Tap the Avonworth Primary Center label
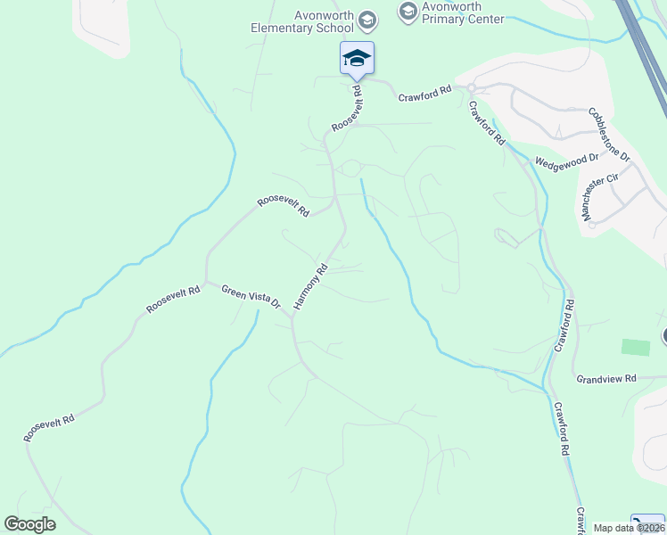[464, 12]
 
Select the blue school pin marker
[357, 59]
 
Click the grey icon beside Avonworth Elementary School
[366, 20]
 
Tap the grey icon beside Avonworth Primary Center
[408, 11]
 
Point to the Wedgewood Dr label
[566, 161]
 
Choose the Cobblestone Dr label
[609, 135]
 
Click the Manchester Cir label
[598, 196]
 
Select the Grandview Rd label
[605, 378]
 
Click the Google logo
[29, 524]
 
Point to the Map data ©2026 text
[629, 528]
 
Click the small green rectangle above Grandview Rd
[636, 347]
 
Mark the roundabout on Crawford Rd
[472, 87]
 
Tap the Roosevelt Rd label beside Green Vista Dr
[174, 299]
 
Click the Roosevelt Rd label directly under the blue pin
[347, 109]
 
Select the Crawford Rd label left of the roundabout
[425, 93]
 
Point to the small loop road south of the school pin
[351, 169]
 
